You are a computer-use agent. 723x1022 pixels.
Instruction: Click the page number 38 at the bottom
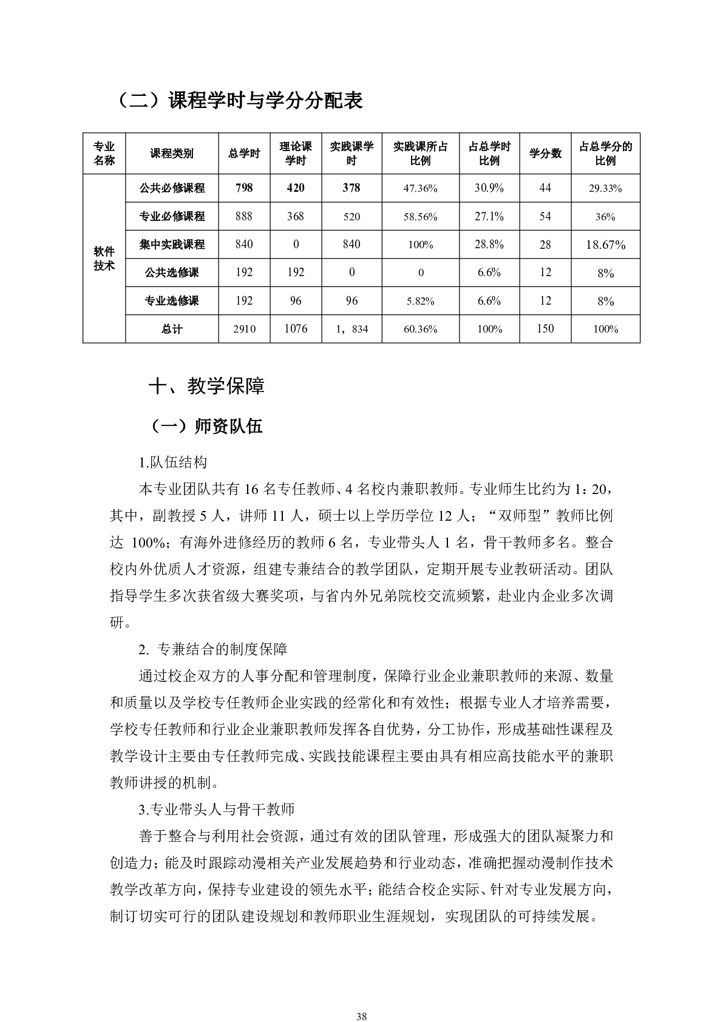362,1000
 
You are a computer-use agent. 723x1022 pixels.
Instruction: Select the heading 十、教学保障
206,386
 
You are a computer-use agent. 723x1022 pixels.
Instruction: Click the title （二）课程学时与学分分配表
238,101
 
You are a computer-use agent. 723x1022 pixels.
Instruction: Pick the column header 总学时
244,154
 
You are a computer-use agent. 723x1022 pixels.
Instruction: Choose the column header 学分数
545,154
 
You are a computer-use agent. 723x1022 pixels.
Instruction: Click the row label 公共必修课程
172,188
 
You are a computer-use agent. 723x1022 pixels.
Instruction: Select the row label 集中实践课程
172,245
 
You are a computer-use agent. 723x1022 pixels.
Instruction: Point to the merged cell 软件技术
104,259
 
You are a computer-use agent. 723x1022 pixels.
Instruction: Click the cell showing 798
244,188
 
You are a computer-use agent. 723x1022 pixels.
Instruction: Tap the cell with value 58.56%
421,217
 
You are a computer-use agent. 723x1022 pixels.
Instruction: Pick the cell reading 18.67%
605,245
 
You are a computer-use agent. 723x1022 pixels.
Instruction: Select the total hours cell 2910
244,329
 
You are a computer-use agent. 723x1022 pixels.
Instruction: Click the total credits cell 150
545,328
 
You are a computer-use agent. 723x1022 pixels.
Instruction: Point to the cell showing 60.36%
421,329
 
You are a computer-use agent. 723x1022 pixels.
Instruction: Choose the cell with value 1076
296,328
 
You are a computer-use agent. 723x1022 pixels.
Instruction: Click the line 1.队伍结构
173,462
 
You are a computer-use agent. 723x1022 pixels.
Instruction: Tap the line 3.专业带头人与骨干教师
217,809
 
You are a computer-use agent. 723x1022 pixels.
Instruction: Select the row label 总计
172,329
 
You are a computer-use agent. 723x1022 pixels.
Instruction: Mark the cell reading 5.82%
421,301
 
